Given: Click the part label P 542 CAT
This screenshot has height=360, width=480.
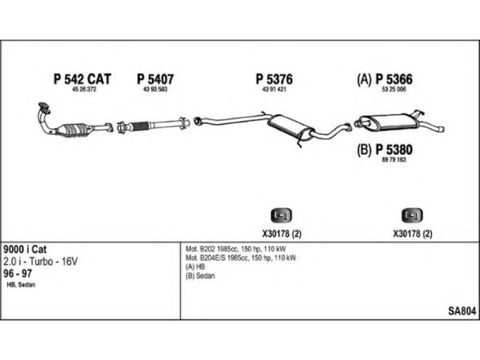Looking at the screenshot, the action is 82,79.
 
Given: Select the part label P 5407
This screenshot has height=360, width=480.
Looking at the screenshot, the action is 155,79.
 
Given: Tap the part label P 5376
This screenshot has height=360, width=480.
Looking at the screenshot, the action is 274,79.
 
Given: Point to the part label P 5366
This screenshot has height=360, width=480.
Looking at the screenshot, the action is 394,79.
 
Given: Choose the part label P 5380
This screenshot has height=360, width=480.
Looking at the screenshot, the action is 394,149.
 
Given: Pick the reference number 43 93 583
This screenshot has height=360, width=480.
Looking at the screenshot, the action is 155,89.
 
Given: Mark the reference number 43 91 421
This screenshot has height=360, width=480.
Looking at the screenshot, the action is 274,89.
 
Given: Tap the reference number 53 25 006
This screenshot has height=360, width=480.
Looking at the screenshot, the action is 394,89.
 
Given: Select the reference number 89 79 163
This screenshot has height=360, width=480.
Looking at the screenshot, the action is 394,160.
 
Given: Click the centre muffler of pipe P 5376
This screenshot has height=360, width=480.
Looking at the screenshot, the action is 289,127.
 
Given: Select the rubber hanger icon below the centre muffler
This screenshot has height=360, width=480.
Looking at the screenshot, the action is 281,215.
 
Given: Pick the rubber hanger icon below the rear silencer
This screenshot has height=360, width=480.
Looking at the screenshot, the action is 412,215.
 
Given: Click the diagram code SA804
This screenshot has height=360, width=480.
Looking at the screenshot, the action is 462,311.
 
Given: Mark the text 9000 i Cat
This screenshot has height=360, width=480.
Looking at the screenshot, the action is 25,249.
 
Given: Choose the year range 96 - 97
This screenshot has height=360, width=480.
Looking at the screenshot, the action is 18,273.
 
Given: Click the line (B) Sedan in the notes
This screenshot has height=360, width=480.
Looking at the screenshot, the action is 200,276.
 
